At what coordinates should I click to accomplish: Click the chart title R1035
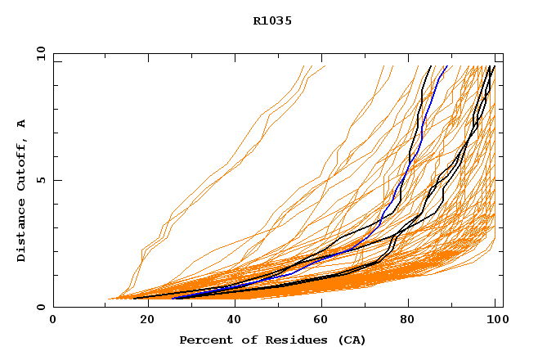(x=272, y=20)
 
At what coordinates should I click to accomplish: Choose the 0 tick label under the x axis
(x=53, y=320)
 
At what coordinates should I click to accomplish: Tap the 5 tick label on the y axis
(x=40, y=180)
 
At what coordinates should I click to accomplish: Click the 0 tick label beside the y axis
(x=40, y=307)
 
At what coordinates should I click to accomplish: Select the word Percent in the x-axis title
(x=204, y=340)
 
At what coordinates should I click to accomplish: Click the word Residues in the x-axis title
(x=289, y=340)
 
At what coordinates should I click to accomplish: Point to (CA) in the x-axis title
(x=352, y=340)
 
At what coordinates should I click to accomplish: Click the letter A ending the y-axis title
(x=21, y=124)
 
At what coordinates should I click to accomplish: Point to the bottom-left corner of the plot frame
(x=53, y=307)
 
